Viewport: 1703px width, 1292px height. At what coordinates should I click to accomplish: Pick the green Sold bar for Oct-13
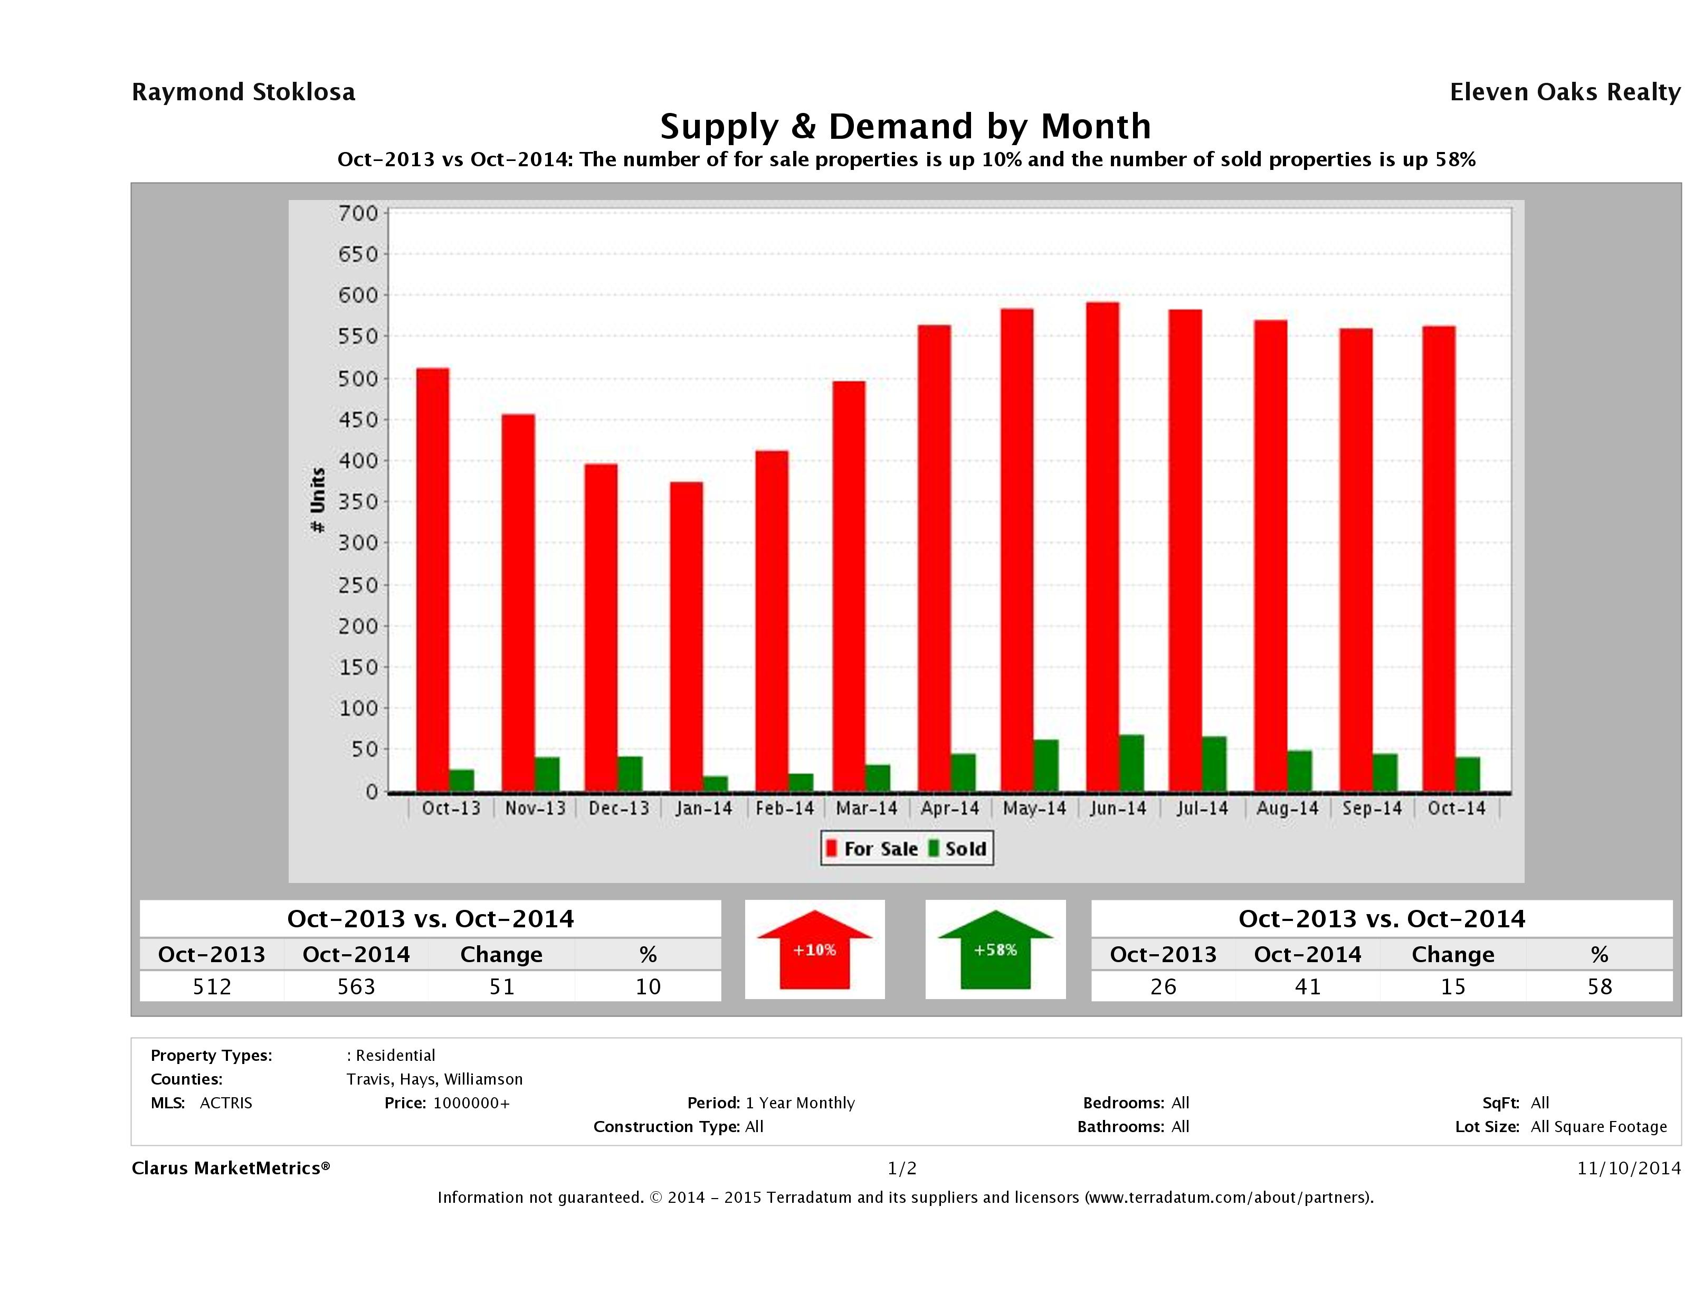[462, 780]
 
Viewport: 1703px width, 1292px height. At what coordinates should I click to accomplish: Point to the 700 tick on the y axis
[359, 213]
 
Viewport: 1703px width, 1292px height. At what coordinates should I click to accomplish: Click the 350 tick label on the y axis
[359, 502]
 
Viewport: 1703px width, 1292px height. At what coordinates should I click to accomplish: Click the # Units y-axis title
[317, 500]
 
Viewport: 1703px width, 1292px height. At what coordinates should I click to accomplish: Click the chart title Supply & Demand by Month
[906, 126]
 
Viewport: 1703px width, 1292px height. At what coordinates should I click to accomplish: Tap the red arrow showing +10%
[814, 950]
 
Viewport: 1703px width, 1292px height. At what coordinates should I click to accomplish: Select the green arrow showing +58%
[995, 950]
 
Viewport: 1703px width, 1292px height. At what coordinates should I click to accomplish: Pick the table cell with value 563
[356, 986]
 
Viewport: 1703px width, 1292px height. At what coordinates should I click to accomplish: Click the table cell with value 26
[1163, 986]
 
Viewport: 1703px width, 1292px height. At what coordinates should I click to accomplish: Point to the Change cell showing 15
[1453, 986]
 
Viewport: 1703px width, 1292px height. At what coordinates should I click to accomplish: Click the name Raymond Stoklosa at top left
[243, 92]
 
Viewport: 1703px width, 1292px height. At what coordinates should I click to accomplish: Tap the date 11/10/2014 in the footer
[1628, 1168]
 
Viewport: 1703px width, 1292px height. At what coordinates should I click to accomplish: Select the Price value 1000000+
[471, 1103]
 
